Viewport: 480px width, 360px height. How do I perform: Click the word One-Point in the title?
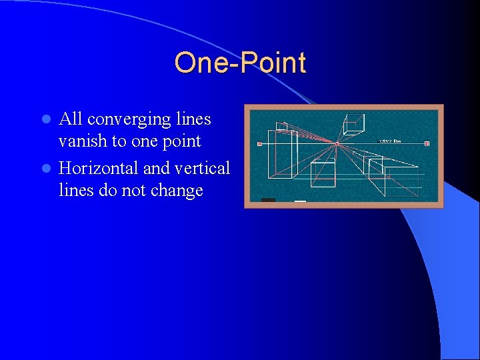(240, 63)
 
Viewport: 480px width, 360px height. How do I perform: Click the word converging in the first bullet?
(129, 119)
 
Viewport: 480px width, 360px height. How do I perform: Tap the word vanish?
(80, 141)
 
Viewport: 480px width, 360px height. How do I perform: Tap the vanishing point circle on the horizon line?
(337, 143)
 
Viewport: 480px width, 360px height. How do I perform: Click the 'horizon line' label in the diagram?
(389, 141)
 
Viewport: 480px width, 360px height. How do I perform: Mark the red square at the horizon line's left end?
(259, 143)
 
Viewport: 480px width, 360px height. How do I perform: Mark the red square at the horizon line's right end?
(427, 143)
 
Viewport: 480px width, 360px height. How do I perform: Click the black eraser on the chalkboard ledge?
(268, 200)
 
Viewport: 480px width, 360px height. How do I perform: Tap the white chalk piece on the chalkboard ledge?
(300, 201)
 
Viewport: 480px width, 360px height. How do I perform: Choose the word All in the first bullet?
(70, 119)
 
